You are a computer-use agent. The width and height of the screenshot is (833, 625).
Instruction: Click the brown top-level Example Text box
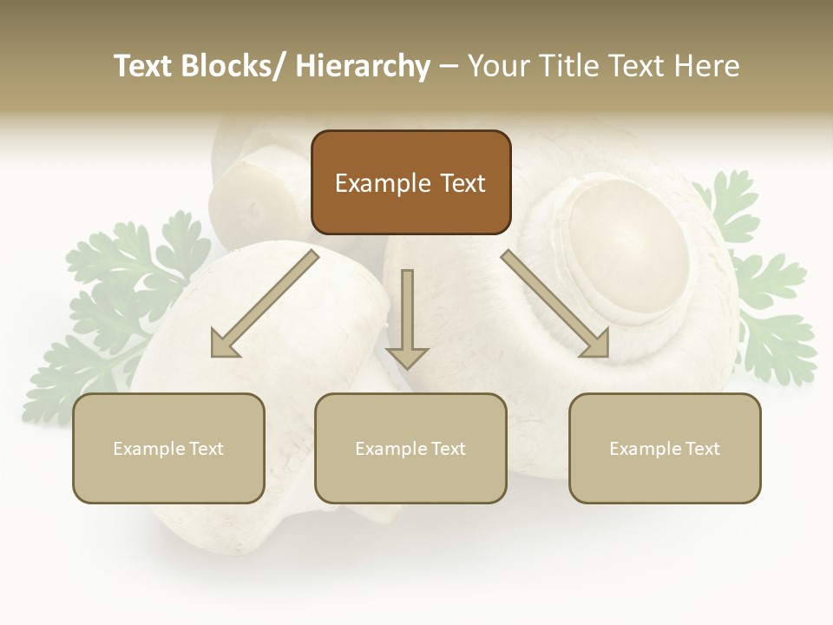(x=410, y=182)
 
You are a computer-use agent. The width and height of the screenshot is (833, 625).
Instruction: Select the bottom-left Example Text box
(x=168, y=448)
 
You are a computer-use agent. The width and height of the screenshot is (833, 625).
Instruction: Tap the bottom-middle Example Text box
(x=410, y=448)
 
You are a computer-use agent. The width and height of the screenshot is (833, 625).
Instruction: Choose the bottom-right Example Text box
(x=665, y=448)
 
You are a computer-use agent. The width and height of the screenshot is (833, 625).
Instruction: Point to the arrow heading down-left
(x=265, y=303)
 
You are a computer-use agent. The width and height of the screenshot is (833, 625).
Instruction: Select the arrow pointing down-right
(x=555, y=303)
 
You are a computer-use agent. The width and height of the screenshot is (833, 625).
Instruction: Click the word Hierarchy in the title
(x=362, y=66)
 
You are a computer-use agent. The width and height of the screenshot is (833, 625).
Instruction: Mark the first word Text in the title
(x=146, y=66)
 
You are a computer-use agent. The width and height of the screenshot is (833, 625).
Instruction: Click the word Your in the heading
(x=499, y=66)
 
